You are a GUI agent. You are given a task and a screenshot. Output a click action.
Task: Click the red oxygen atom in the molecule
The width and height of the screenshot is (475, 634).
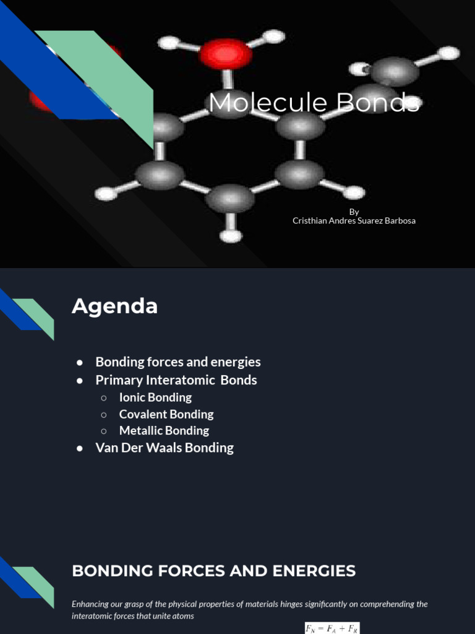tap(226, 54)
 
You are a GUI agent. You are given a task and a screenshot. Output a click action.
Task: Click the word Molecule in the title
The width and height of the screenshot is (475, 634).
tap(267, 103)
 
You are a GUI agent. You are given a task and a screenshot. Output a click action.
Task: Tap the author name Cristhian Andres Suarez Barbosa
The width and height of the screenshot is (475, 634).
tap(354, 221)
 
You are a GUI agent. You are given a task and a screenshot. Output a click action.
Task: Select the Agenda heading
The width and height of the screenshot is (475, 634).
tap(114, 306)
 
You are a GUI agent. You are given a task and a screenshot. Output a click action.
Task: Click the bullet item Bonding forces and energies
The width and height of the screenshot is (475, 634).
tap(178, 362)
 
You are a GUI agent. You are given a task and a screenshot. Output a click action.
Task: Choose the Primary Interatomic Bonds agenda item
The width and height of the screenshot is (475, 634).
tap(176, 380)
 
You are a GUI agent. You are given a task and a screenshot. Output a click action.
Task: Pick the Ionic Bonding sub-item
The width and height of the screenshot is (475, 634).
tap(155, 397)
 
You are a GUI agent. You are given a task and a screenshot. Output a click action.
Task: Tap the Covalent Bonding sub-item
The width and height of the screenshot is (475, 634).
tap(166, 414)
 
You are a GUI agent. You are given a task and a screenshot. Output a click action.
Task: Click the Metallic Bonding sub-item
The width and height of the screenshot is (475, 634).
tap(164, 430)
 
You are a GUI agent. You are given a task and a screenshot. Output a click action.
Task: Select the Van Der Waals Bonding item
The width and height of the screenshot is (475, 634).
tap(165, 448)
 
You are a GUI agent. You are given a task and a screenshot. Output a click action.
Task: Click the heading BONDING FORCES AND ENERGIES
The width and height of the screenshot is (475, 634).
tap(214, 571)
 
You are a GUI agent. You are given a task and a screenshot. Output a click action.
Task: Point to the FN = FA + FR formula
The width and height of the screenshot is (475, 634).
tap(332, 628)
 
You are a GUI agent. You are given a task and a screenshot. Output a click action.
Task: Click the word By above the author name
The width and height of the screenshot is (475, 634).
tap(354, 212)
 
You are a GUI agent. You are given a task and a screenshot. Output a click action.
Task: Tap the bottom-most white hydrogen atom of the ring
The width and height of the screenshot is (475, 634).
tap(231, 236)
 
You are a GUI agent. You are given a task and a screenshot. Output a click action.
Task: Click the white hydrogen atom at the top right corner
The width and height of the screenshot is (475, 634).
tap(449, 53)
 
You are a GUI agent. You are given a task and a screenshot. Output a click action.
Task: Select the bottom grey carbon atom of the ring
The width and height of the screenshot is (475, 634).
tap(230, 199)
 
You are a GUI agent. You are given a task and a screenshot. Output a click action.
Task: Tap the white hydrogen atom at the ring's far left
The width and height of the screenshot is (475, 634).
tap(106, 194)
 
